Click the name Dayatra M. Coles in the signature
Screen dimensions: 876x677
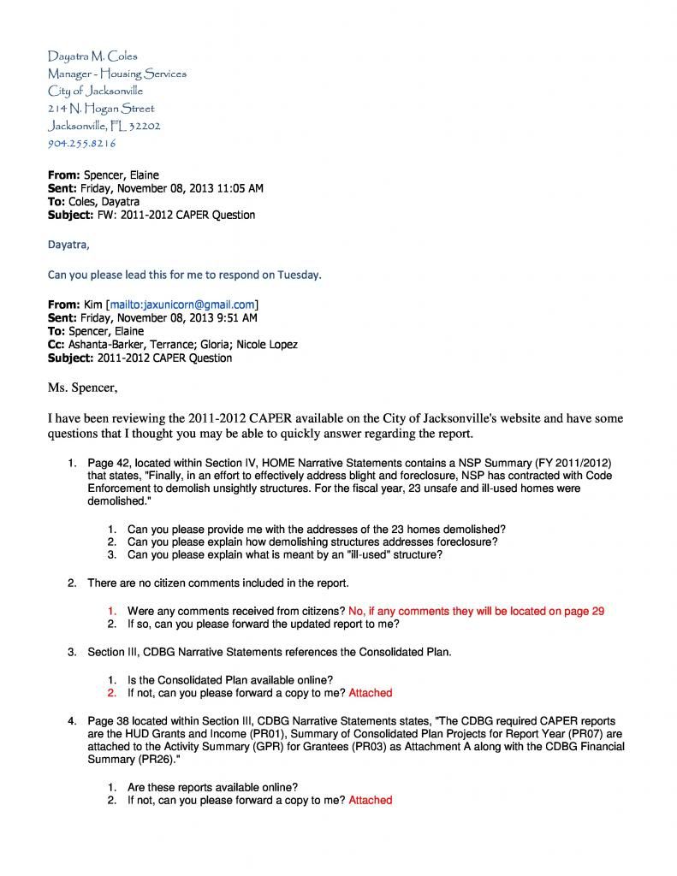coord(92,56)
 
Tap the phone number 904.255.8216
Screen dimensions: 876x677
coord(81,143)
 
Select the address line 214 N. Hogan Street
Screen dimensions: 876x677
coord(101,109)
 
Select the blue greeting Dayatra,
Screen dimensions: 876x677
coord(68,244)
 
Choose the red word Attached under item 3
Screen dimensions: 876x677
coord(370,693)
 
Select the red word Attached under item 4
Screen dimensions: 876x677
coord(370,800)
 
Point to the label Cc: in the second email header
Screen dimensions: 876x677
coord(56,345)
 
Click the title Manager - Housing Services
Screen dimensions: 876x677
coord(116,74)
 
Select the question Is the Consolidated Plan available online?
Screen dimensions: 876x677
coord(229,680)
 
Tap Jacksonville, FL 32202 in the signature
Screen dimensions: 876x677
coord(104,126)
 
